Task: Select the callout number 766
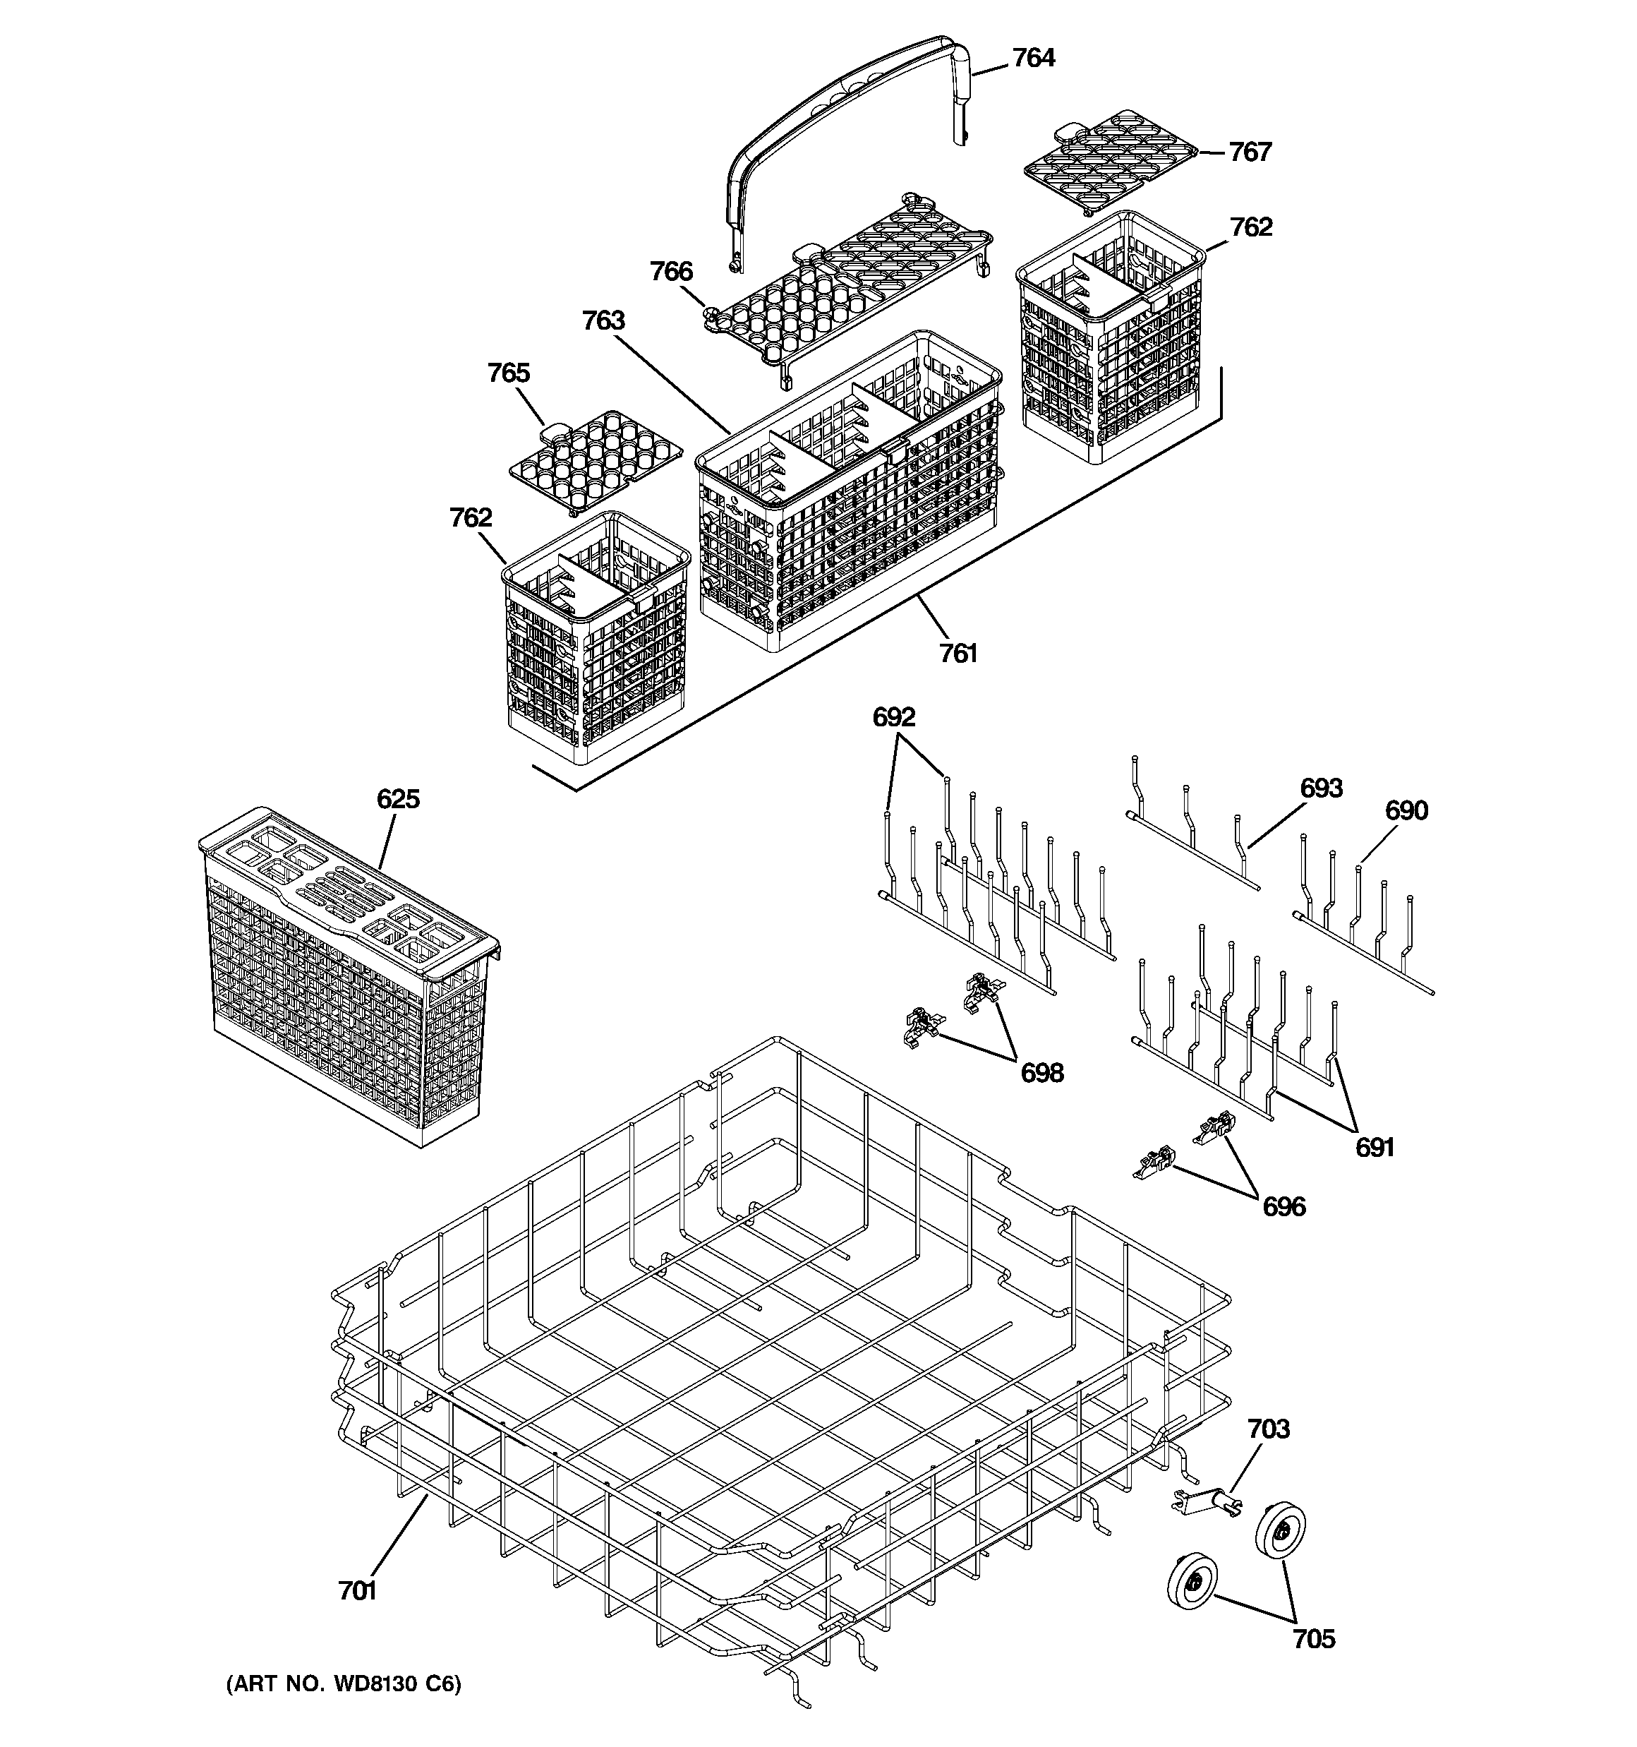point(671,272)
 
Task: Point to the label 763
point(604,320)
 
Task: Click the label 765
point(509,373)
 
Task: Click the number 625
point(398,800)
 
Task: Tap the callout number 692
point(893,718)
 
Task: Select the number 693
point(1321,788)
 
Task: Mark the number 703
point(1269,1430)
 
